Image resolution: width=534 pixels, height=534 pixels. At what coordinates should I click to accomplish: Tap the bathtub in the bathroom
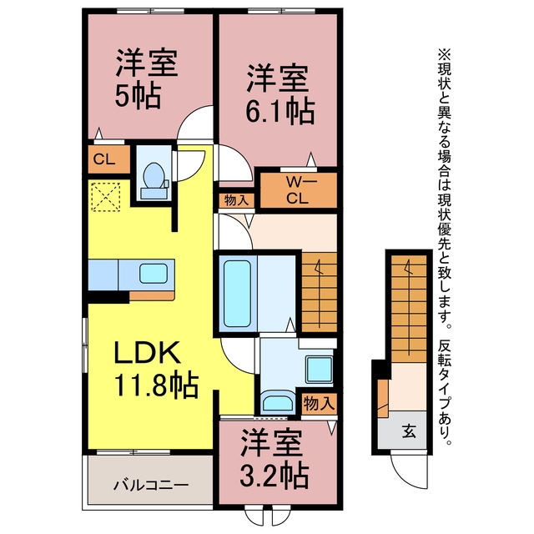pyautogui.click(x=237, y=294)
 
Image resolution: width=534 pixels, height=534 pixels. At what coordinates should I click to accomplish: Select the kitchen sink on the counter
pyautogui.click(x=154, y=275)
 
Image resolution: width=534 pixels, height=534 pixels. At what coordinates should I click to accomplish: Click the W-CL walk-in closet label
pyautogui.click(x=298, y=190)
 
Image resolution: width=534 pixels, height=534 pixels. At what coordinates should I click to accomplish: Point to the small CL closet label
pyautogui.click(x=103, y=159)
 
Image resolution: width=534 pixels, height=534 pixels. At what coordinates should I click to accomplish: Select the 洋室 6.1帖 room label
pyautogui.click(x=280, y=93)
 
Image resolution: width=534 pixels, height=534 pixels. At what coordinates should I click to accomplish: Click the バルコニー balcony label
pyautogui.click(x=151, y=484)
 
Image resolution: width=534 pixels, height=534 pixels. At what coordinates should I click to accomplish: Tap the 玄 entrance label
pyautogui.click(x=409, y=432)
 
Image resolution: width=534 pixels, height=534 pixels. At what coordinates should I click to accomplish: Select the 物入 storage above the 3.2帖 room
pyautogui.click(x=318, y=404)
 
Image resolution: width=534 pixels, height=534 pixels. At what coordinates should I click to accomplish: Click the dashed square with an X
pyautogui.click(x=106, y=197)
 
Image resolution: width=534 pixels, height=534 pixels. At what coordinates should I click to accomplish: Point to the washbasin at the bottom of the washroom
pyautogui.click(x=278, y=403)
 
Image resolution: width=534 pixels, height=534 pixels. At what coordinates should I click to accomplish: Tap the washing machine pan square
pyautogui.click(x=319, y=370)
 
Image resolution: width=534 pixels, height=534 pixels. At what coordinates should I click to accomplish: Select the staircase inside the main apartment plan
pyautogui.click(x=319, y=292)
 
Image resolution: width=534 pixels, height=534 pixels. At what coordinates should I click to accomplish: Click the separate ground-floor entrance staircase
pyautogui.click(x=408, y=309)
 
